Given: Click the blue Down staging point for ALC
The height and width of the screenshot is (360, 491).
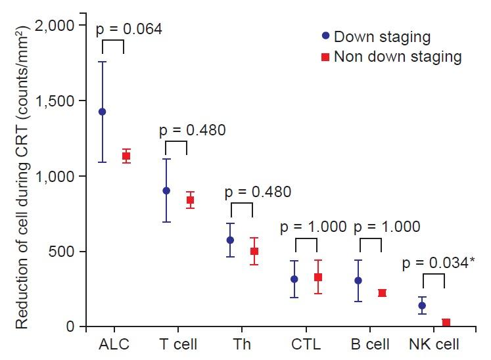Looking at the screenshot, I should coord(102,112).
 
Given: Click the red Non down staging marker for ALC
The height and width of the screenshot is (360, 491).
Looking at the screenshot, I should coord(126,156).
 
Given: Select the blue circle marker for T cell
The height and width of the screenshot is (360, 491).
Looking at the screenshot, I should coord(166,191).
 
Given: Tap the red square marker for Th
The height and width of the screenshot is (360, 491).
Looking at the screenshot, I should coord(254,251).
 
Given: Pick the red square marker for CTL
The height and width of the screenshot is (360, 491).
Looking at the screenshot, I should coord(317,277).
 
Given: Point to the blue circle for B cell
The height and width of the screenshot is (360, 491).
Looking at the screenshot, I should coord(358,281).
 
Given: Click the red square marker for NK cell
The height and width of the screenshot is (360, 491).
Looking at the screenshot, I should coord(446,323).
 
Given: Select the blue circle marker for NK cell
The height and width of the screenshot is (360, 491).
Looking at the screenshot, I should coord(422,305).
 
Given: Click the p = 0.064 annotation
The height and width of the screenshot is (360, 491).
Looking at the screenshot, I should coord(129,29).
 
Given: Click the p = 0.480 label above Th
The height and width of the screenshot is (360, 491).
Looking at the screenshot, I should coord(258,192).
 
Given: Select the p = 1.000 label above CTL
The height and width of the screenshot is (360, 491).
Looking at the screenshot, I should coord(313,227).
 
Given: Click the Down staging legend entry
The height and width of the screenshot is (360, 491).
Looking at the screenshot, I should coord(373,36).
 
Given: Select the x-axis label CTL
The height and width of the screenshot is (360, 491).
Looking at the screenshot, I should coord(306,344).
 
